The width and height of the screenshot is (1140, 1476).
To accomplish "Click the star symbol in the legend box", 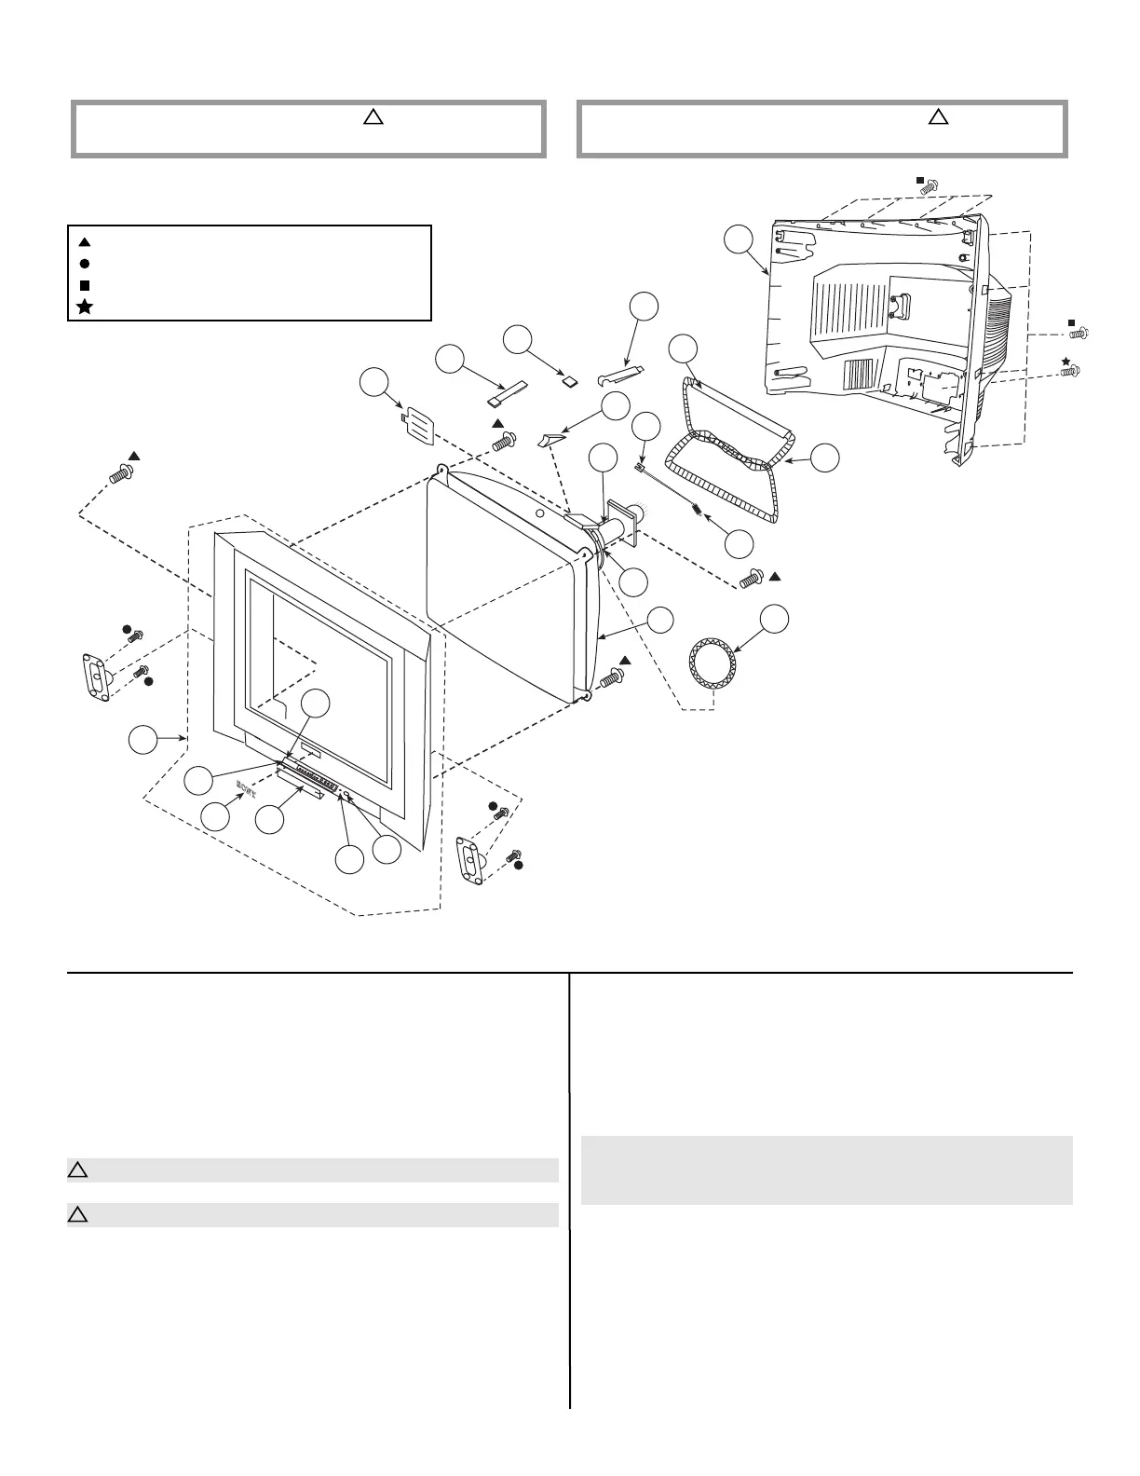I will point(84,307).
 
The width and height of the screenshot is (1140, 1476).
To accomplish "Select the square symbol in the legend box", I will point(84,285).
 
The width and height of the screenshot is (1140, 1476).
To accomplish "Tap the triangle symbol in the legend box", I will point(84,242).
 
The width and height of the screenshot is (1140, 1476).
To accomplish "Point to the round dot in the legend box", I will point(84,264).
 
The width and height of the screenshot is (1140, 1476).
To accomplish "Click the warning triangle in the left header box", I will point(372,117).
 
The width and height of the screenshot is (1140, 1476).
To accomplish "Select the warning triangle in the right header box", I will point(939,117).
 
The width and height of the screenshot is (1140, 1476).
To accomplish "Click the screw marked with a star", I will point(1071,371).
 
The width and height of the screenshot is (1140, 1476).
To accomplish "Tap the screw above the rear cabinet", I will point(928,187).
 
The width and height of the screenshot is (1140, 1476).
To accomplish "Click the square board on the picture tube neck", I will point(620,520).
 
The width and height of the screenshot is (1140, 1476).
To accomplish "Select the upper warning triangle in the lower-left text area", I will point(77,1170).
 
